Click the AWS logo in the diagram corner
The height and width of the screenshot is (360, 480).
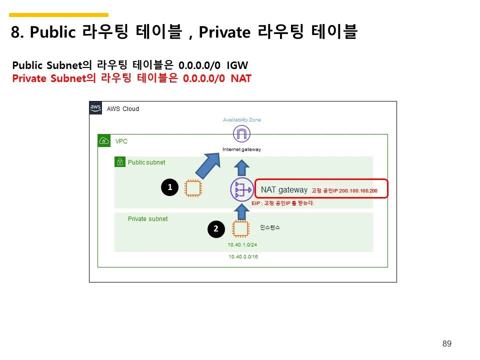(x=95, y=108)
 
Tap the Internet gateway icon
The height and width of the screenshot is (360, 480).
(x=241, y=134)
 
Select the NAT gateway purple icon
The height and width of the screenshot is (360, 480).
(x=242, y=190)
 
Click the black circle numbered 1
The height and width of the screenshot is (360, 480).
(x=170, y=187)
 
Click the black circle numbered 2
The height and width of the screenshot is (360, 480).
(x=216, y=229)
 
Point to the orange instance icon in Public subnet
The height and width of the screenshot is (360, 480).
(x=193, y=188)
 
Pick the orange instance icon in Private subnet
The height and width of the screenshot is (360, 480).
(x=240, y=229)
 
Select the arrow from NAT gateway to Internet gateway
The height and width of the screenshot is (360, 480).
(x=242, y=167)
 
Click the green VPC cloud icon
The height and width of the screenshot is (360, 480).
(x=104, y=140)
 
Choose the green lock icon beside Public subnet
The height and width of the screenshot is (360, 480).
(x=120, y=162)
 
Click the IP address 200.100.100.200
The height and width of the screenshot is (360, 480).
(x=358, y=191)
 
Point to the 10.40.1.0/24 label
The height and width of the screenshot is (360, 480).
(x=242, y=245)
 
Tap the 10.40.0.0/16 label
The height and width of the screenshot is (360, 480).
(x=243, y=256)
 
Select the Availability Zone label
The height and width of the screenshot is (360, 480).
(x=242, y=120)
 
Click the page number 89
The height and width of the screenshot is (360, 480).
(x=447, y=343)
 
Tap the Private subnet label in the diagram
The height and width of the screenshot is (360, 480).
(x=147, y=219)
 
